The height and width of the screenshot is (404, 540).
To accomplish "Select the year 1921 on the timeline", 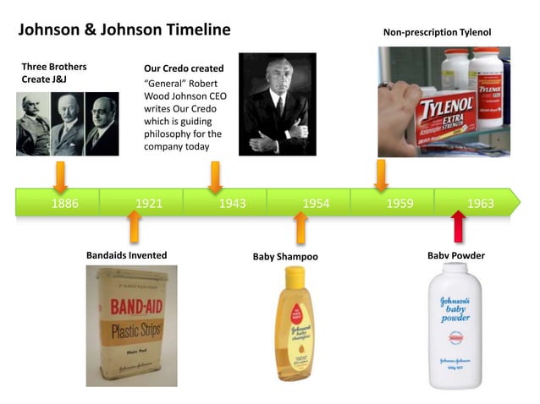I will click(x=148, y=204).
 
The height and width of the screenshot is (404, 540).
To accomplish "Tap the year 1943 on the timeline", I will click(x=232, y=204).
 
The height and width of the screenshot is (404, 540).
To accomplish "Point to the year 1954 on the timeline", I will click(x=316, y=204).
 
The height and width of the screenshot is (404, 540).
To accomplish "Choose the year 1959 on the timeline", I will click(x=399, y=204).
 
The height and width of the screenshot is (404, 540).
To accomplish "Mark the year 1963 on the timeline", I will click(x=480, y=204).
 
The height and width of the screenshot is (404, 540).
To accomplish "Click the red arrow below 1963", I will click(x=458, y=227).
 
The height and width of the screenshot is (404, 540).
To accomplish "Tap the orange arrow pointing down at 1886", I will click(x=60, y=176).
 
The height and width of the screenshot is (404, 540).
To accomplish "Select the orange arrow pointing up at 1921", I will click(x=133, y=227).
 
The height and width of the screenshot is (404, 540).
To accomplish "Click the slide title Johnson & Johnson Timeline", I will click(x=124, y=30).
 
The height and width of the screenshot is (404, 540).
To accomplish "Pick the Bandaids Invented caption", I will click(x=127, y=255).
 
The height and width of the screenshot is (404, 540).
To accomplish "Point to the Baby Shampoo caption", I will click(x=285, y=256).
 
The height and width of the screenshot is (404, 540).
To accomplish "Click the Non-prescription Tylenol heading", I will click(x=437, y=33).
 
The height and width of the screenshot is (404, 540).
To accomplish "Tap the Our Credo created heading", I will click(x=185, y=68).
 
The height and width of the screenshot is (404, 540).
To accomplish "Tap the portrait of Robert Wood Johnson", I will click(x=277, y=104).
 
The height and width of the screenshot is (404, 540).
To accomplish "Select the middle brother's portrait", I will click(x=68, y=124).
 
